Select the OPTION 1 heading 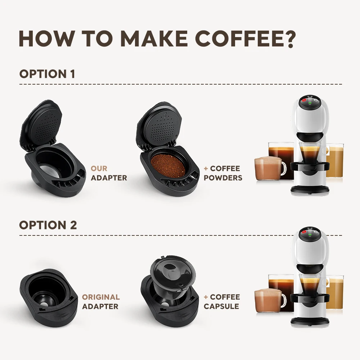[47, 74]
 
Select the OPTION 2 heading [48, 225]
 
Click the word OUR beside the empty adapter [99, 168]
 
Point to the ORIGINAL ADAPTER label [101, 302]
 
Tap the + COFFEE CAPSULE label [221, 302]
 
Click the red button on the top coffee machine [303, 100]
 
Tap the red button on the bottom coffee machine [303, 232]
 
